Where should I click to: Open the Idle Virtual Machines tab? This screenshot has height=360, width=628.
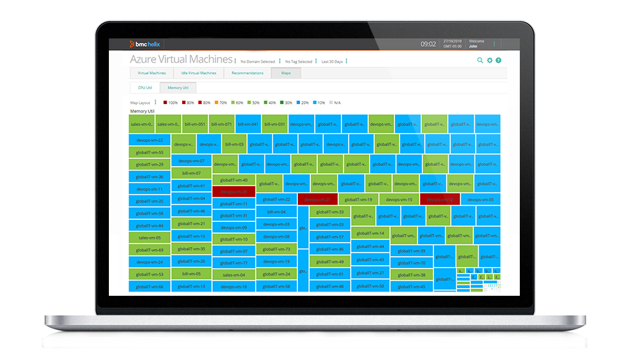tap(198, 73)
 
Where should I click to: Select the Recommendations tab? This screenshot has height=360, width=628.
tap(248, 73)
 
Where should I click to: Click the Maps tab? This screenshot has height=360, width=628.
tap(286, 73)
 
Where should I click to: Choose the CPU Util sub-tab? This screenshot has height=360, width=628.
tap(144, 88)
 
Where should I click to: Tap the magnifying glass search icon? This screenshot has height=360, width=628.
tap(480, 61)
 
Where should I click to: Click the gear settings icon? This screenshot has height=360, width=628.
tap(490, 61)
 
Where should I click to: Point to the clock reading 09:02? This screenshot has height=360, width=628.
tap(428, 44)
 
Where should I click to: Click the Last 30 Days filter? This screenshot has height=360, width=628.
tap(331, 61)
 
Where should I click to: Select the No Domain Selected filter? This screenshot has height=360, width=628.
tap(257, 61)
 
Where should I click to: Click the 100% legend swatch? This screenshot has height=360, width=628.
tap(162, 103)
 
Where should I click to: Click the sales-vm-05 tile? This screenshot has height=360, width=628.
tap(149, 238)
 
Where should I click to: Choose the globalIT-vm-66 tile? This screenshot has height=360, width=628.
tap(149, 287)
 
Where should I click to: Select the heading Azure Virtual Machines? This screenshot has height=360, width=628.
tap(181, 61)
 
